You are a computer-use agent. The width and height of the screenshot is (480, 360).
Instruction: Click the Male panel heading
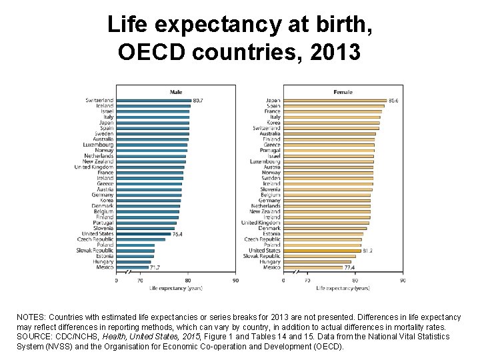pyautogui.click(x=176, y=91)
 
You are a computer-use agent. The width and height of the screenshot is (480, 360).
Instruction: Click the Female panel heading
pyautogui.click(x=343, y=91)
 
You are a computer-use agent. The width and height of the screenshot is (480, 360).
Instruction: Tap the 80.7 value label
pyautogui.click(x=198, y=100)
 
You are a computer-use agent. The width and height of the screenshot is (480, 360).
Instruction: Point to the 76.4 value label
pyautogui.click(x=178, y=234)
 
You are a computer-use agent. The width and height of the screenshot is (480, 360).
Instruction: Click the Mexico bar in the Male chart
pyautogui.click(x=132, y=267)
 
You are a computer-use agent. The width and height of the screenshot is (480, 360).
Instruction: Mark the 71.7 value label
pyautogui.click(x=155, y=267)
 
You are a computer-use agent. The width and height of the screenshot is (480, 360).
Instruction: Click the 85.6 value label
pyautogui.click(x=393, y=100)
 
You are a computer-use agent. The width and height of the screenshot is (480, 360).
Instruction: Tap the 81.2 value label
pyautogui.click(x=367, y=251)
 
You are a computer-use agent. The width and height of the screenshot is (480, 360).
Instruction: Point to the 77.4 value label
pyautogui.click(x=349, y=267)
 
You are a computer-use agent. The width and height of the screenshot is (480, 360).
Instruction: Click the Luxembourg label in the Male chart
pyautogui.click(x=98, y=145)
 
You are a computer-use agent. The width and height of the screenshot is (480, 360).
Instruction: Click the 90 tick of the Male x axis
pyautogui.click(x=235, y=281)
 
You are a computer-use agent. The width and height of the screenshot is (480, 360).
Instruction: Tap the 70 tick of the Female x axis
pyautogui.click(x=307, y=281)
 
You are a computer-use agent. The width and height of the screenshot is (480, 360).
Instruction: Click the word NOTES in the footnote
pyautogui.click(x=29, y=317)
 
